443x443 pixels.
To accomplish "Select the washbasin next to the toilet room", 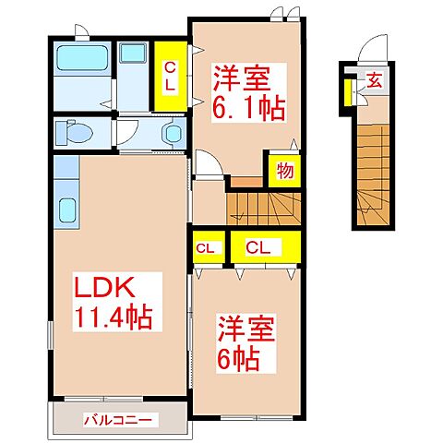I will (x=172, y=133).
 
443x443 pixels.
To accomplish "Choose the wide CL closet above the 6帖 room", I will (x=264, y=247).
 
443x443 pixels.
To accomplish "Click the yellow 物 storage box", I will (x=284, y=170).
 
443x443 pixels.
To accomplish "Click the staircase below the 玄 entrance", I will (x=374, y=166).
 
